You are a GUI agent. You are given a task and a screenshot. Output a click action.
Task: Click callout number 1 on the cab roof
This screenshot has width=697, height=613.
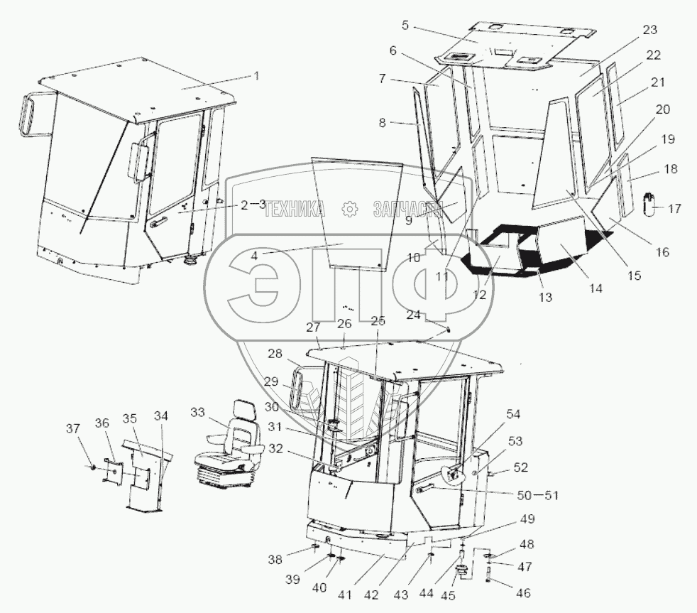256,75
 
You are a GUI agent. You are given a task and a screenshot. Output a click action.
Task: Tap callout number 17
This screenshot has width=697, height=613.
674,209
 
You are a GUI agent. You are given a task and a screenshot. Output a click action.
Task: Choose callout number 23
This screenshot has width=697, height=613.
649,30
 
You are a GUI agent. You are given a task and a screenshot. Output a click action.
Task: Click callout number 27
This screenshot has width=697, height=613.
314,327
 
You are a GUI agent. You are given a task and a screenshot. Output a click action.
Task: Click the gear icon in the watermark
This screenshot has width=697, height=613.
349,209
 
